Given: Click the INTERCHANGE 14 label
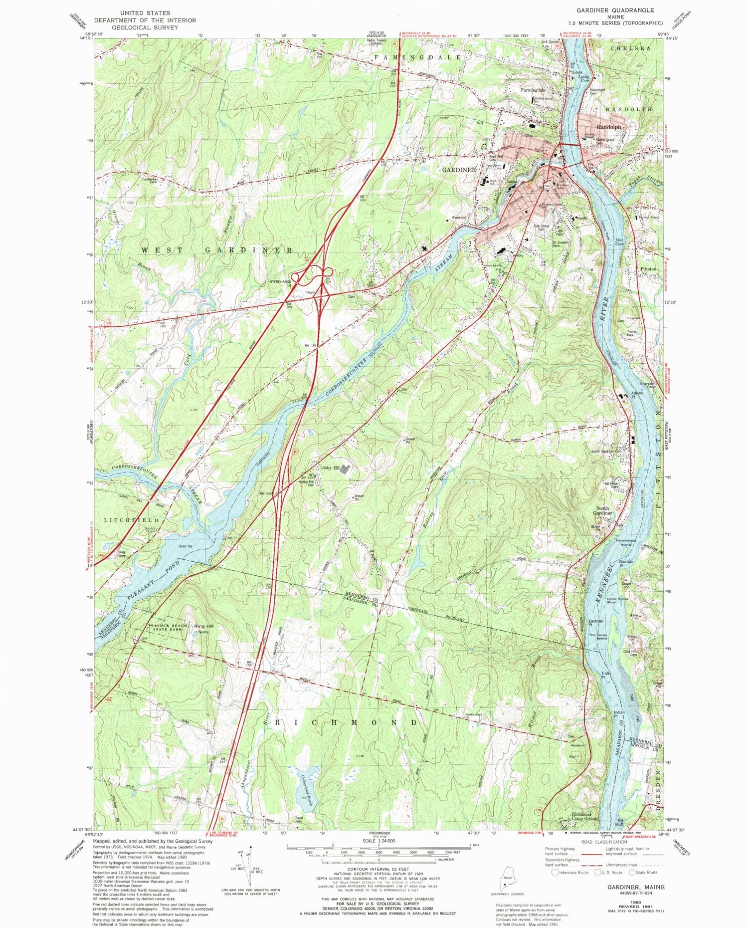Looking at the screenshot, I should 280,282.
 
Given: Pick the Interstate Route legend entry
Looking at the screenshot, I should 570,873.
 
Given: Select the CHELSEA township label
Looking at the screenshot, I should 631,48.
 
